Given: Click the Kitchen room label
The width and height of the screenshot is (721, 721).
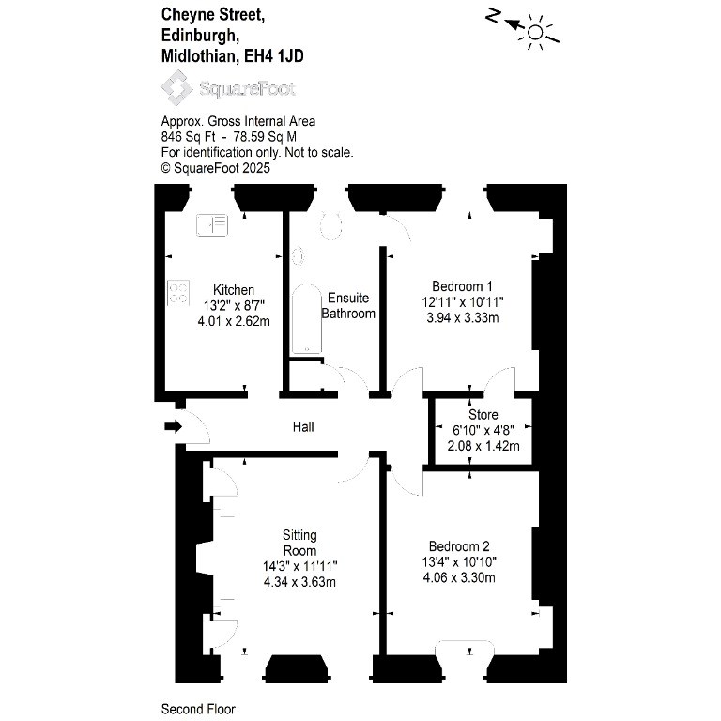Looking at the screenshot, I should [x=234, y=289].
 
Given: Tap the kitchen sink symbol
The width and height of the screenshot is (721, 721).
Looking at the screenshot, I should [x=212, y=224].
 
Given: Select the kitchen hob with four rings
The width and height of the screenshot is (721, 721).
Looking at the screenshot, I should [x=178, y=292].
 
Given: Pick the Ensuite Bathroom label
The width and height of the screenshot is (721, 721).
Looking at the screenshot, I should [x=348, y=306].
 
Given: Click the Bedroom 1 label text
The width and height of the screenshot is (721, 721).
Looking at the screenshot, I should [x=462, y=286].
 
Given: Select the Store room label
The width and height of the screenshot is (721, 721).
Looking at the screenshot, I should [x=483, y=415].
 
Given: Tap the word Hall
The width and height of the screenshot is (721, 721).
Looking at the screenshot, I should [x=303, y=427].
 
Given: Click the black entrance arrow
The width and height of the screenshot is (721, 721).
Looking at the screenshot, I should [x=173, y=427].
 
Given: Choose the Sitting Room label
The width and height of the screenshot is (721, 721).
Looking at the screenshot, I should [x=300, y=543].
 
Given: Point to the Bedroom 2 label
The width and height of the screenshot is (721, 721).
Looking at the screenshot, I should [x=459, y=546].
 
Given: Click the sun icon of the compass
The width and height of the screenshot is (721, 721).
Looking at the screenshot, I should [x=536, y=32].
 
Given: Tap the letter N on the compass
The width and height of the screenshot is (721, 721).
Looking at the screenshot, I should [x=493, y=15].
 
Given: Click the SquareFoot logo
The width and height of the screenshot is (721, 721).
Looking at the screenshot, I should [x=230, y=89].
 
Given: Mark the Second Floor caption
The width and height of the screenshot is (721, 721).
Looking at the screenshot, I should [x=198, y=709].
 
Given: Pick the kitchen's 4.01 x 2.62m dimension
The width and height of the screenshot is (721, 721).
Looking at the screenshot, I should [x=234, y=320].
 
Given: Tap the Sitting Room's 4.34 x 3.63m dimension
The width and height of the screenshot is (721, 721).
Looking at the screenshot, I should [x=300, y=581].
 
